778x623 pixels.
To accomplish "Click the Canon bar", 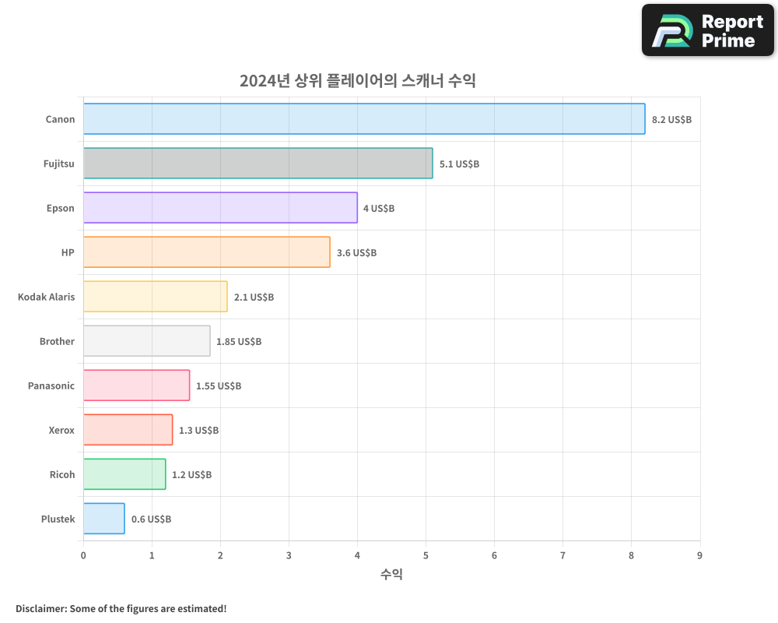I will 364,119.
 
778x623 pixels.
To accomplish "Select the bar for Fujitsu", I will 258,164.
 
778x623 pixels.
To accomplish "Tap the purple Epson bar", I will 220,208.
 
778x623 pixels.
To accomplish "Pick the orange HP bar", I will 206,252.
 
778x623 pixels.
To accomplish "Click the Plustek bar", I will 103,519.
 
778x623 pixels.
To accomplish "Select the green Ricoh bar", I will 124,474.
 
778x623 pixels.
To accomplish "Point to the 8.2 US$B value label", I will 671,120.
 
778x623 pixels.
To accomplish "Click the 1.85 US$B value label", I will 239,342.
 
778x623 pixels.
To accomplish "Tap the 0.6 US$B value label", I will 151,519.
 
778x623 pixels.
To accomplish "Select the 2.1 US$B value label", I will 254,297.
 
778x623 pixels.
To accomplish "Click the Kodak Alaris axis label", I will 47,297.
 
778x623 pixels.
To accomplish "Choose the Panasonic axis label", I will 51,385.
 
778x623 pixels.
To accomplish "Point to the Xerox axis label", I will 61,430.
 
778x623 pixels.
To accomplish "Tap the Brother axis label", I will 57,341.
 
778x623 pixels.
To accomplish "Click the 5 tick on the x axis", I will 426,555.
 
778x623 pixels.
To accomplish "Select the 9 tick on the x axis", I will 699,555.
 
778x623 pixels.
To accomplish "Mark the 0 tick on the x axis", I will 83,555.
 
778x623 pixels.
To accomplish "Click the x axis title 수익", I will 391,575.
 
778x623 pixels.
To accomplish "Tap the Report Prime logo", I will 707,30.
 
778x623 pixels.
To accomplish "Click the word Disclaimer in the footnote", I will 40,608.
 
